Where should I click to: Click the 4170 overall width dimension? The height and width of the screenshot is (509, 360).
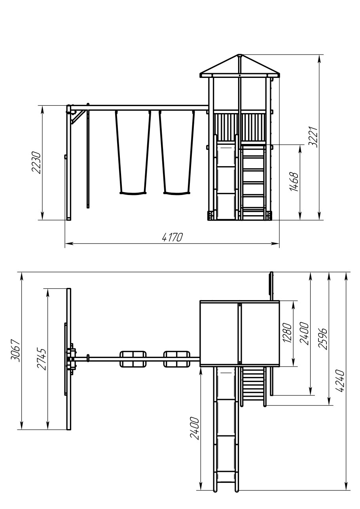(172, 237)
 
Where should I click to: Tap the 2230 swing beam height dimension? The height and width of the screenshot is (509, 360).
(36, 163)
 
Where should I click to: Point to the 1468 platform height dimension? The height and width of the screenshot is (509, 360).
(294, 182)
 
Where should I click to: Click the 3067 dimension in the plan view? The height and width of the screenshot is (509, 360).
(15, 351)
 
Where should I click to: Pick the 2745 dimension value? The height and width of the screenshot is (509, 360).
(42, 359)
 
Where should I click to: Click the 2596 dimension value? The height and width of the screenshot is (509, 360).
(322, 339)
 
